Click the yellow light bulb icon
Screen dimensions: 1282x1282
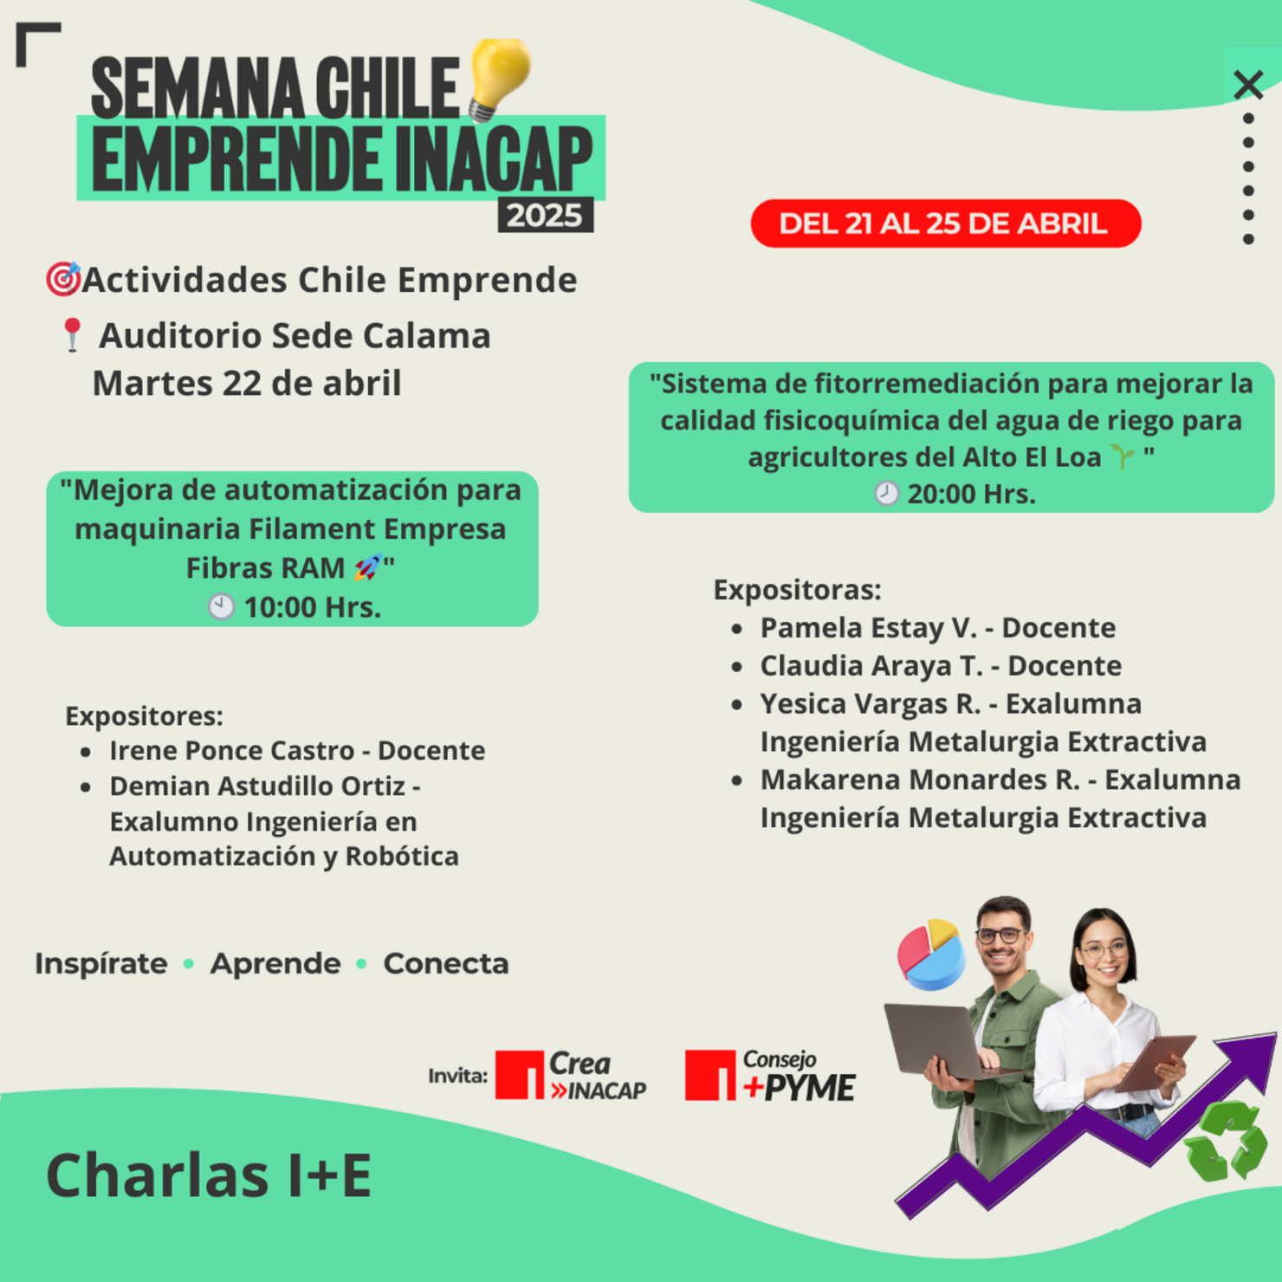[499, 76]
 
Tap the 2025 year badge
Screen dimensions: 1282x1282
[545, 215]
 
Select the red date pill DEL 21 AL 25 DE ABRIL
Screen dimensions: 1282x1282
[945, 223]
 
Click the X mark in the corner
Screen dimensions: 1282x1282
[1248, 85]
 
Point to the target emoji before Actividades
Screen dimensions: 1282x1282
[63, 279]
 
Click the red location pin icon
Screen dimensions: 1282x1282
[72, 334]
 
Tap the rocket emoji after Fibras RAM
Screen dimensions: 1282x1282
[367, 568]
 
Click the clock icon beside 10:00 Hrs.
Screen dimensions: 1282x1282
[221, 606]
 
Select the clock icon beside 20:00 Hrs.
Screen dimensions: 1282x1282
[886, 494]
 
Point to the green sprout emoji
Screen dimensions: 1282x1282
[1123, 456]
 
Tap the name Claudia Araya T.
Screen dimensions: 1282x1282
[871, 665]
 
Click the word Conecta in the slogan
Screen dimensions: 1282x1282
[445, 963]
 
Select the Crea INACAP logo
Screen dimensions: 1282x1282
[571, 1076]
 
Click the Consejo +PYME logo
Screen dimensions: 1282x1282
[769, 1076]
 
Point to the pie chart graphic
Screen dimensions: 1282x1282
[931, 955]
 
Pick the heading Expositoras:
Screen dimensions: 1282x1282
[797, 590]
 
